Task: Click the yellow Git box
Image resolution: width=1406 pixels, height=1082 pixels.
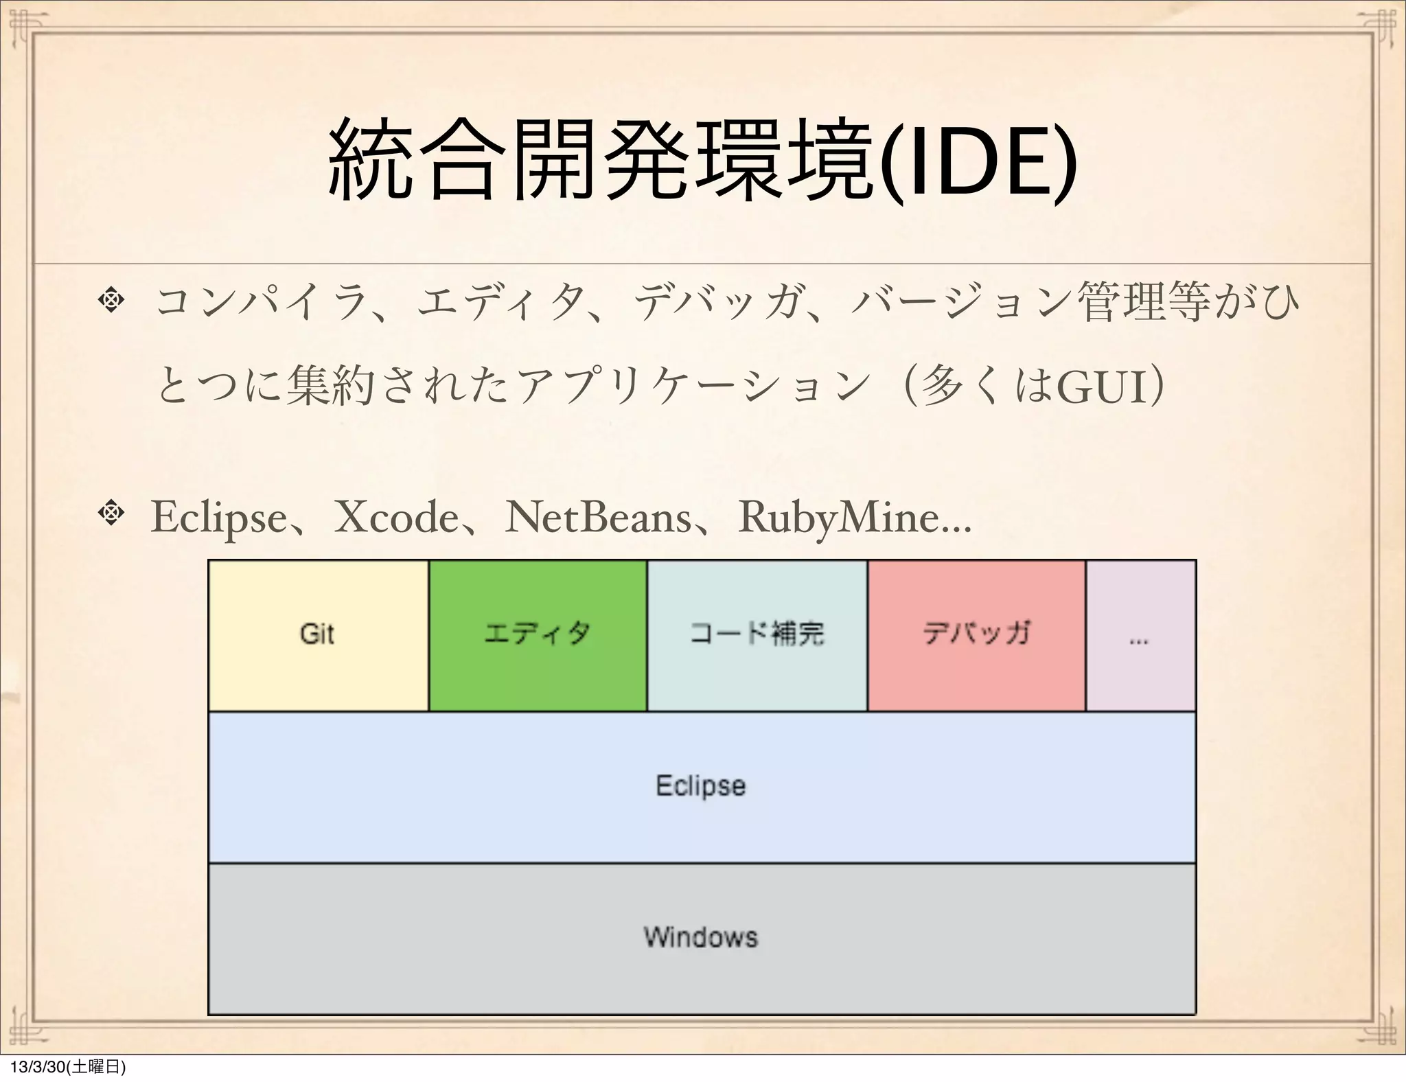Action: coord(318,635)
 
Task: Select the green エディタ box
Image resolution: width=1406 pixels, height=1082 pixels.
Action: coord(538,635)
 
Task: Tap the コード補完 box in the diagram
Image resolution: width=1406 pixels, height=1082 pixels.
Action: coord(757,635)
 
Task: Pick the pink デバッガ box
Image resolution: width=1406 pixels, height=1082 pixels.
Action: coord(976,635)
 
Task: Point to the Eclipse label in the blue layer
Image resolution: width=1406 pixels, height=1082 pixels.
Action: coord(701,785)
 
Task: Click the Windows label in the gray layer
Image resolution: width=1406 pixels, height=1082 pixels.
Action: coord(701,937)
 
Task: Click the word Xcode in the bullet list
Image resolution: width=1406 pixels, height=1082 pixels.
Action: coord(395,518)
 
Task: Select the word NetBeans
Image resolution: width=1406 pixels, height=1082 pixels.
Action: coord(598,518)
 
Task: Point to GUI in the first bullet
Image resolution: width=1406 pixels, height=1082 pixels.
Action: coord(1102,389)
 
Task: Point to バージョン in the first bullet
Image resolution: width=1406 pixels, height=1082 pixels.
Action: coord(961,303)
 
